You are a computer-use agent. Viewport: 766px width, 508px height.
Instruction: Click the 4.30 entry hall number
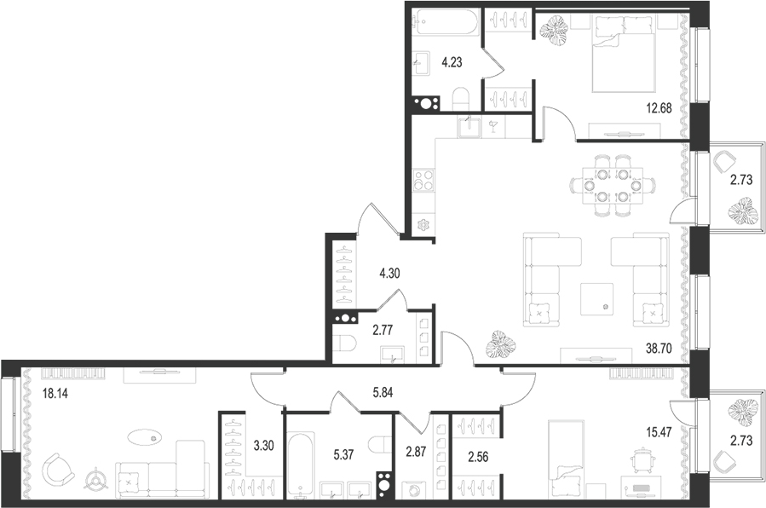pos(391,274)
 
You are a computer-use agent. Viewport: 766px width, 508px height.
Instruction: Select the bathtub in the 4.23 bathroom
pos(446,23)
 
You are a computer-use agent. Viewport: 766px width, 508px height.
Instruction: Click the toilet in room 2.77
pos(346,344)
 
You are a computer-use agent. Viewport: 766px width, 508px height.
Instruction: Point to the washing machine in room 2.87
pos(413,492)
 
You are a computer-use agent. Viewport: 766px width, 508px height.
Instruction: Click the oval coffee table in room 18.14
pos(146,438)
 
